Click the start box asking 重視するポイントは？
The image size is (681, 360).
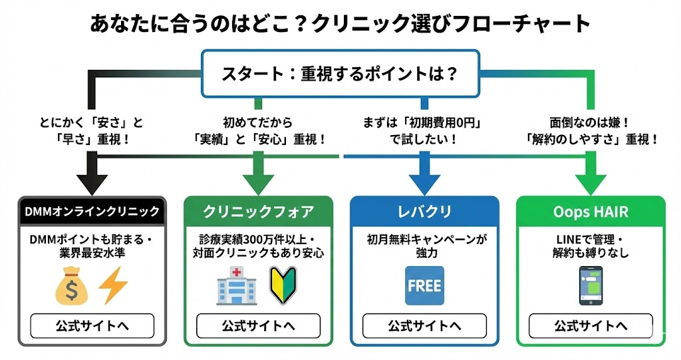coord(340,73)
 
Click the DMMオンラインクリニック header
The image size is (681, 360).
coord(92,212)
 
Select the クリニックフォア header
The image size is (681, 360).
coord(258,212)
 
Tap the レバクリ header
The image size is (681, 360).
coord(424,212)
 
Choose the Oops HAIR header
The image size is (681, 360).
coord(591,212)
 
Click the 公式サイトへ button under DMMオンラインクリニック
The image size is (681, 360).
coord(92,326)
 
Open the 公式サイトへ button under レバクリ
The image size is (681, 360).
coord(424,326)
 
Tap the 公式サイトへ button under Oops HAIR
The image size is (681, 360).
coord(591,326)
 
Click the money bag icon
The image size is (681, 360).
coord(71,287)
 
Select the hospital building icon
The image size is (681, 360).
coord(235,287)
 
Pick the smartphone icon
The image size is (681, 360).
coord(591,286)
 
